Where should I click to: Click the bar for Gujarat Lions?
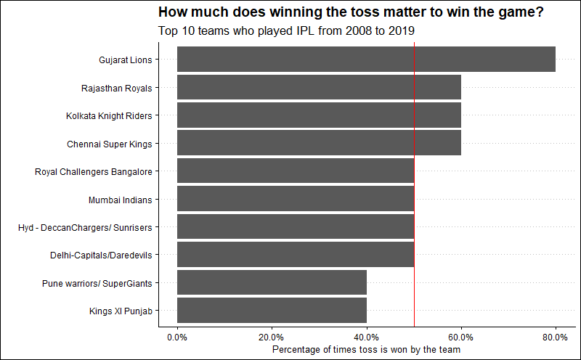click(366, 60)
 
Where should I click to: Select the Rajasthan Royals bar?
click(319, 88)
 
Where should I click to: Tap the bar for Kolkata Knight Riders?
click(319, 115)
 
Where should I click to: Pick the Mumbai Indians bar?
click(296, 199)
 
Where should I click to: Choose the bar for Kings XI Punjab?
click(272, 311)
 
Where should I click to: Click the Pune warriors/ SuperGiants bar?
click(272, 282)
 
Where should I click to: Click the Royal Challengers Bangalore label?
click(94, 172)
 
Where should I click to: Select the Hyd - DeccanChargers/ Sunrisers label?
click(85, 227)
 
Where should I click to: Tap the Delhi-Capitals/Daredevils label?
click(101, 255)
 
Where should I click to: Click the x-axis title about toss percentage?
click(366, 350)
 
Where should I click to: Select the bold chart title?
click(351, 12)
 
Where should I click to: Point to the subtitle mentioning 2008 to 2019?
click(286, 31)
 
